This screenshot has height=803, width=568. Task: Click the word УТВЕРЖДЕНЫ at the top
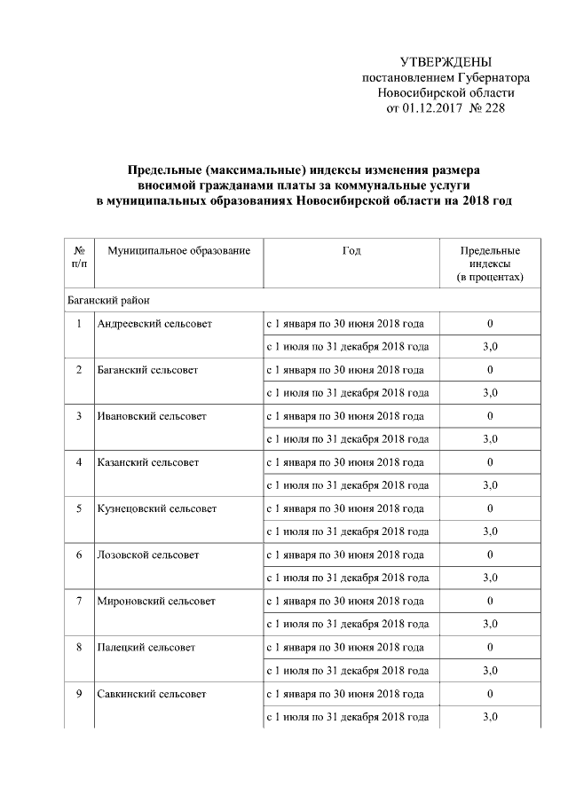click(446, 62)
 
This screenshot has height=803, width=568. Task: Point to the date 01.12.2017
click(430, 107)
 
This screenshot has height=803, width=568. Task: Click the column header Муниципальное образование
click(179, 251)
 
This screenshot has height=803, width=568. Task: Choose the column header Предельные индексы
click(490, 264)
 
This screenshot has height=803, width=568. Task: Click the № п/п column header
click(79, 257)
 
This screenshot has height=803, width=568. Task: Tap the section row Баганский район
click(112, 300)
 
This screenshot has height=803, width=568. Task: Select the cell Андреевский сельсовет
click(155, 323)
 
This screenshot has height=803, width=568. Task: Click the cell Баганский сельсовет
click(148, 369)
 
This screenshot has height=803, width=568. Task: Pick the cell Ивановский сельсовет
click(152, 416)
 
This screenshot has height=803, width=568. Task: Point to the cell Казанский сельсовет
click(149, 462)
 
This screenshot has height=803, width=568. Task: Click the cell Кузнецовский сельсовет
click(158, 508)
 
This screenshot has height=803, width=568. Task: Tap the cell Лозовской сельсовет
click(149, 555)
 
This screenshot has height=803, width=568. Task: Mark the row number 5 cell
click(79, 508)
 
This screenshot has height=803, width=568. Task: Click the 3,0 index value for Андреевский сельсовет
click(490, 346)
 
